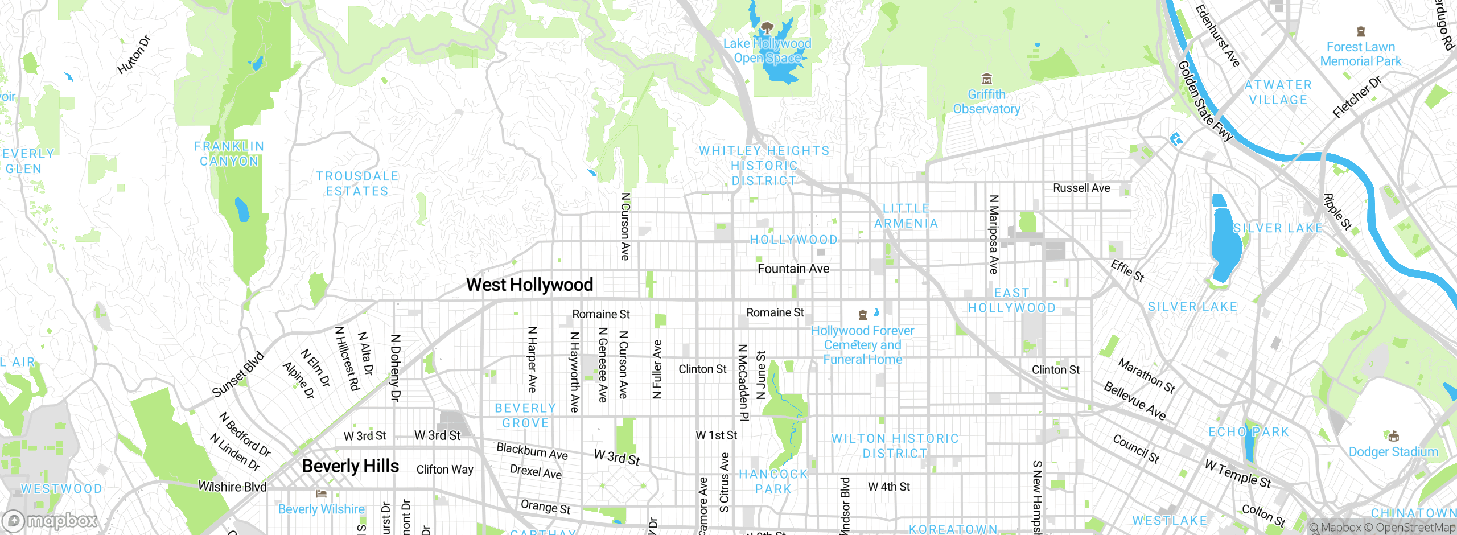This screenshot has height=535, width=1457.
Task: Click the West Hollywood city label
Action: click(x=529, y=285)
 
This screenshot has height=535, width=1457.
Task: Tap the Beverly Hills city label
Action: click(x=350, y=466)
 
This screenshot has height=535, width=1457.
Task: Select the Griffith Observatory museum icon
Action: click(x=986, y=79)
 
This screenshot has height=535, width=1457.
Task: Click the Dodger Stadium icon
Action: click(x=1393, y=437)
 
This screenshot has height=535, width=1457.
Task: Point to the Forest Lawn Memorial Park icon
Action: click(x=1361, y=31)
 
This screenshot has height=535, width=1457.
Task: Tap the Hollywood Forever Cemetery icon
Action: click(x=862, y=315)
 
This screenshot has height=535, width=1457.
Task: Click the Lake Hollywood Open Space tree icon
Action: click(x=767, y=27)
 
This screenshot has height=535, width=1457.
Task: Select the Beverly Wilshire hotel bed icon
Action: click(x=322, y=493)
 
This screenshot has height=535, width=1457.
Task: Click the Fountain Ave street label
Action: click(x=793, y=269)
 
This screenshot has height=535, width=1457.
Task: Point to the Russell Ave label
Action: click(x=1081, y=188)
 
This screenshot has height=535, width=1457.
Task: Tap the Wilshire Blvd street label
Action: click(x=232, y=487)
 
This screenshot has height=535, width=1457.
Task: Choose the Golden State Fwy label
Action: click(x=1205, y=101)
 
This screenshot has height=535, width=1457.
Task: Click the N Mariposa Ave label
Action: click(x=994, y=234)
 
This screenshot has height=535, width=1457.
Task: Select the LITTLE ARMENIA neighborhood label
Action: click(x=906, y=216)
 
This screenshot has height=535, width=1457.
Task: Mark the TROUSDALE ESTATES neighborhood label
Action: click(x=357, y=184)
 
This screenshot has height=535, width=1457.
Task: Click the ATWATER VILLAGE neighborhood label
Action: click(x=1278, y=92)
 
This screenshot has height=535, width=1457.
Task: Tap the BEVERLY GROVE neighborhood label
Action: click(x=525, y=415)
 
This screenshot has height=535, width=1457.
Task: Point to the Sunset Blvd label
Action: click(x=238, y=374)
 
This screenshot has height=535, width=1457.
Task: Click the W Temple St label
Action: click(x=1238, y=474)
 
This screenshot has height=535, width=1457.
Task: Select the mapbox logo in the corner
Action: click(x=50, y=520)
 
